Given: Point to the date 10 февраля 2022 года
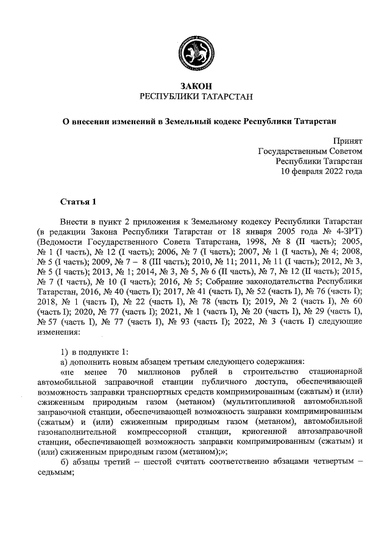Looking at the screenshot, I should point(321,171).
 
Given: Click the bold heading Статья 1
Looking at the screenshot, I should point(77,202).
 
